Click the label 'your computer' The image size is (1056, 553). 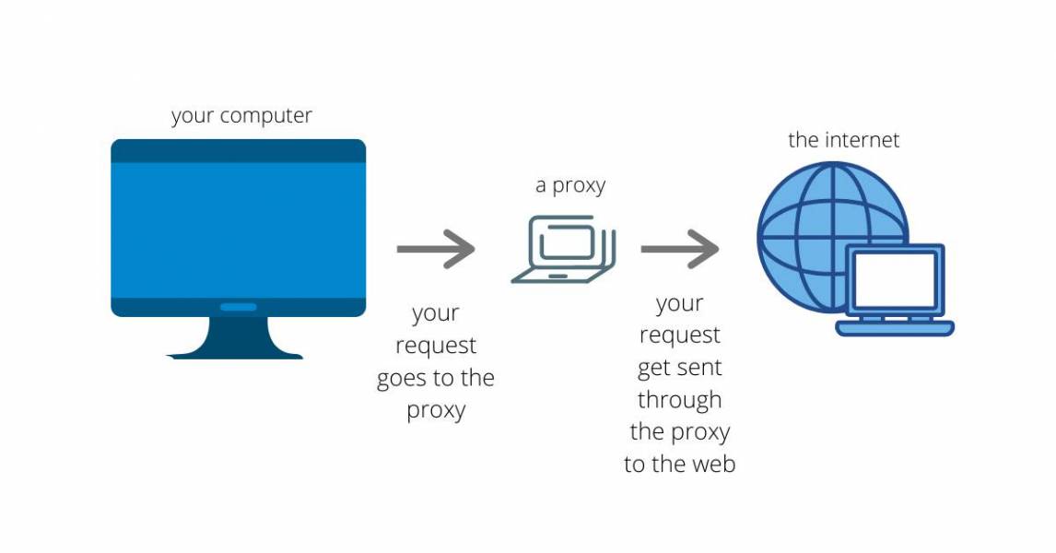[241, 117]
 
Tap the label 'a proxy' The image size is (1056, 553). [570, 185]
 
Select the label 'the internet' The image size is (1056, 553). [843, 140]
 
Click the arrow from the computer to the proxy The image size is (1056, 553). [436, 248]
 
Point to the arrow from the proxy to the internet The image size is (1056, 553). [680, 248]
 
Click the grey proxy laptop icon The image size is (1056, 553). [563, 249]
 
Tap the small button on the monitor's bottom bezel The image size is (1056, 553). [238, 306]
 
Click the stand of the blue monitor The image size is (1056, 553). [237, 338]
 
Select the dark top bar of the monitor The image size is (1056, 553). [238, 150]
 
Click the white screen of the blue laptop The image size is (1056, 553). [895, 280]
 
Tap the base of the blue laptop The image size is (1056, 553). [895, 327]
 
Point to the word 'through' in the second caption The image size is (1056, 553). [679, 400]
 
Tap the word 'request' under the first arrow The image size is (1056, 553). [436, 346]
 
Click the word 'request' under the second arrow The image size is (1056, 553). [679, 335]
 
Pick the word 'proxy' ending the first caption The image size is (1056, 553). [436, 411]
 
